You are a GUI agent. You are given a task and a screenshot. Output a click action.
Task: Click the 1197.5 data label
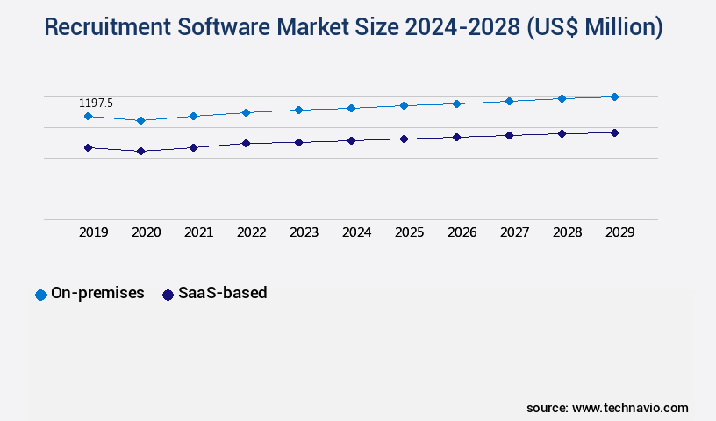(96, 103)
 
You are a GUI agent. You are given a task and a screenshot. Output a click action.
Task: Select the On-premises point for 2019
(88, 116)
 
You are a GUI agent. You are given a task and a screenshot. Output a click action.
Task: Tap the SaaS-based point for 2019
(88, 147)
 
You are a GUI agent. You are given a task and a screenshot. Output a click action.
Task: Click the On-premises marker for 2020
(140, 120)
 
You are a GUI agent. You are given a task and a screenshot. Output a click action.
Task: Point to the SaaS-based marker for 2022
(246, 143)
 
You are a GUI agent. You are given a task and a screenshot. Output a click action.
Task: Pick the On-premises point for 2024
(351, 108)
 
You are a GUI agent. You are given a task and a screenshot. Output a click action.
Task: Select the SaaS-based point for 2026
(456, 137)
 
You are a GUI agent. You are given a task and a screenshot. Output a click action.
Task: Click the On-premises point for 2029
(614, 96)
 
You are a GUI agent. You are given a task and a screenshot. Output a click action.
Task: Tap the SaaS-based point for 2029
(614, 132)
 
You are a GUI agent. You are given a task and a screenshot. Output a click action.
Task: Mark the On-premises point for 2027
(509, 101)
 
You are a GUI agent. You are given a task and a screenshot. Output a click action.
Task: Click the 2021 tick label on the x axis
(198, 232)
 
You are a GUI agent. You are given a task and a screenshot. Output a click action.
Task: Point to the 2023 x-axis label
(304, 232)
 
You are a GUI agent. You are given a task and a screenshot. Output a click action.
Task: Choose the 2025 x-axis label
(409, 232)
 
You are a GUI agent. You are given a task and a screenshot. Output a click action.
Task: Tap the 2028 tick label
(567, 232)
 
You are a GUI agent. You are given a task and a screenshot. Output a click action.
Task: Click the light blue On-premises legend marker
(40, 295)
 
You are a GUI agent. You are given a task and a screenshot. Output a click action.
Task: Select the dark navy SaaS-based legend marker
(168, 295)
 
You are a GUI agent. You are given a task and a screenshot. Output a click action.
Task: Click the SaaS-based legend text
(222, 294)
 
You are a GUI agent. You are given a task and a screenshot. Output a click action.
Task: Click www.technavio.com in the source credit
(630, 408)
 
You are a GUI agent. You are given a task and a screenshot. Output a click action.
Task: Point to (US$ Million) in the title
(594, 28)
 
